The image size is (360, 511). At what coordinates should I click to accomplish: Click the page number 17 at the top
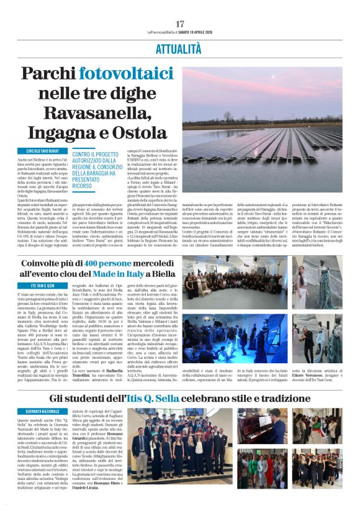pyautogui.click(x=179, y=24)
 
